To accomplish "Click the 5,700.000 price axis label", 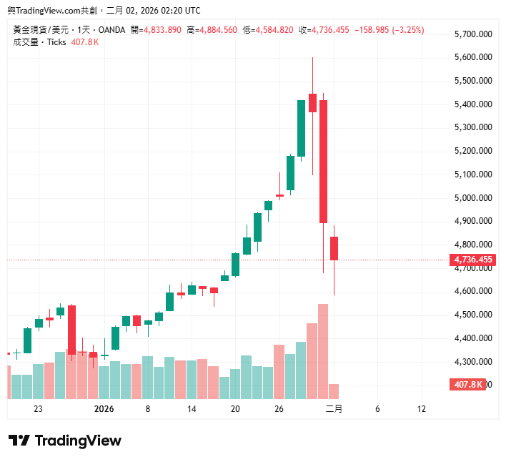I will [x=473, y=34].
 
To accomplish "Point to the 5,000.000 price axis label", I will [x=473, y=198].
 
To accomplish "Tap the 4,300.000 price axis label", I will [x=473, y=362].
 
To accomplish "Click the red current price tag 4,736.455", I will [x=472, y=260].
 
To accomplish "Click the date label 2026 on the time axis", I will [x=104, y=410].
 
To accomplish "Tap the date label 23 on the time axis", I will [x=38, y=410].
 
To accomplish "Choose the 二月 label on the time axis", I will [x=334, y=410].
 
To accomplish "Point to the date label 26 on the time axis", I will [x=279, y=410].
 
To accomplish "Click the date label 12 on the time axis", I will [x=421, y=410].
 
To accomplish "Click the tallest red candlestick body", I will [x=323, y=161].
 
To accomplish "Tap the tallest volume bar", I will [x=323, y=350].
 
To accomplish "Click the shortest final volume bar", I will [x=334, y=391].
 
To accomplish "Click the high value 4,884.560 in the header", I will [x=217, y=30].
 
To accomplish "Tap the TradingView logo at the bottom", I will [x=65, y=441].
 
